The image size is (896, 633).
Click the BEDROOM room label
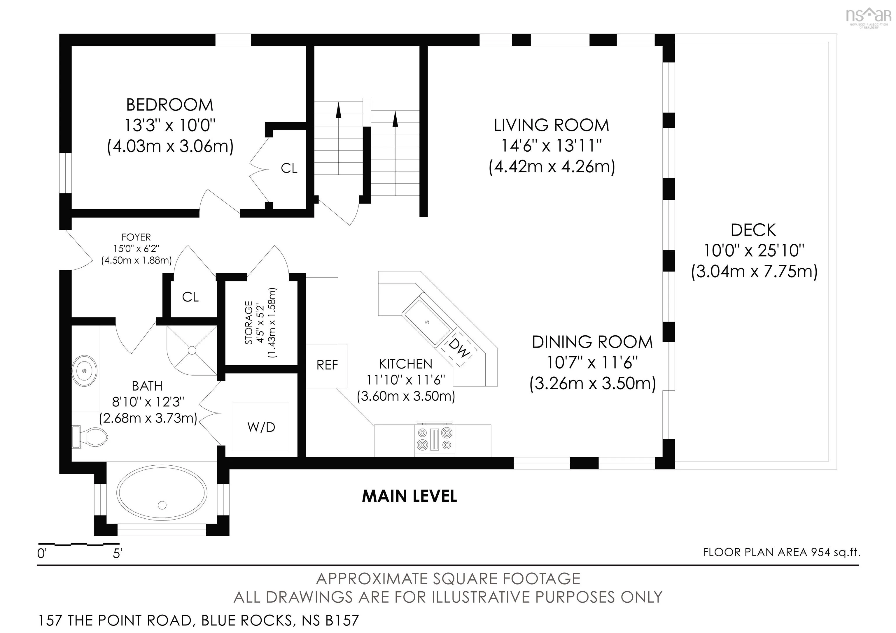[170, 105]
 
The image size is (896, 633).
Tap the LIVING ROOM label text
[552, 125]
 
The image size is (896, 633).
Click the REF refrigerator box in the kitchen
[327, 365]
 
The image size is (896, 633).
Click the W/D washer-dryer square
[261, 427]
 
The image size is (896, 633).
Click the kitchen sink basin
[427, 322]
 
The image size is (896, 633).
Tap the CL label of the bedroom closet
[289, 169]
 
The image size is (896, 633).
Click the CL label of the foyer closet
[190, 297]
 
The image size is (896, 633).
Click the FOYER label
[136, 237]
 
